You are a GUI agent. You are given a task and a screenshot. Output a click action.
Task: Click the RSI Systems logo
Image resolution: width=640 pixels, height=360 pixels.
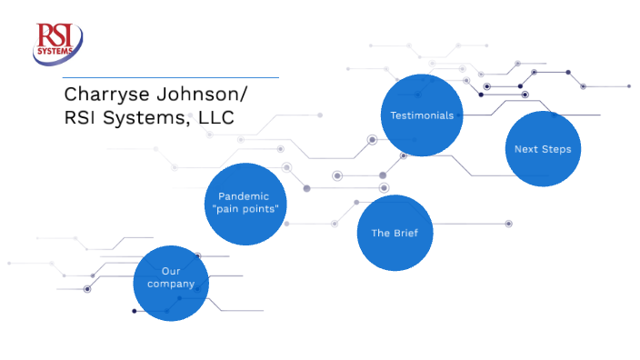58,45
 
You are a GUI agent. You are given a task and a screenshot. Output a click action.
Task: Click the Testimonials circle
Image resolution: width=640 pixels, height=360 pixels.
421,115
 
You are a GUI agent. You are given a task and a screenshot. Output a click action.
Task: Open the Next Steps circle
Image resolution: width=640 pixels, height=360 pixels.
543,149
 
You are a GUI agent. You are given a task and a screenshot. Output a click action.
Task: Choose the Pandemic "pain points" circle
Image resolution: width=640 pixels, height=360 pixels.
245,203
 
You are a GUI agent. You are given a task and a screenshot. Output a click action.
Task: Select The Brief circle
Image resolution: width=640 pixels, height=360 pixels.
394,233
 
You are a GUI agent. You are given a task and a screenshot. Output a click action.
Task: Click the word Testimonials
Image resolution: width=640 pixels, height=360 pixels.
421,115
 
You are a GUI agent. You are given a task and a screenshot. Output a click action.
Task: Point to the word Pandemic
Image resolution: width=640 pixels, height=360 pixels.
245,195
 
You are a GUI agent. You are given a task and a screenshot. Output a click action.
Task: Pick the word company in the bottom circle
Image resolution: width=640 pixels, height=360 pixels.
171,285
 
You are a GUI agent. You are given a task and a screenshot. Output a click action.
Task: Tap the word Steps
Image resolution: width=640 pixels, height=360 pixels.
555,149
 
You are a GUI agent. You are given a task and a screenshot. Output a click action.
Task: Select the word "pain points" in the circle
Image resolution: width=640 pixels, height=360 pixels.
245,209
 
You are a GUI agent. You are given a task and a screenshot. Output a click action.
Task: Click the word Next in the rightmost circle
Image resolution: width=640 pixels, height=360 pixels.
525,149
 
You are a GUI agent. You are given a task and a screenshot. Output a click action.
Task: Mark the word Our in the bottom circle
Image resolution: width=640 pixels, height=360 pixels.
171,271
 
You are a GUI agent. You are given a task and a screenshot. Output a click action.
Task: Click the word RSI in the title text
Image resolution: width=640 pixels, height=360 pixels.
79,118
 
